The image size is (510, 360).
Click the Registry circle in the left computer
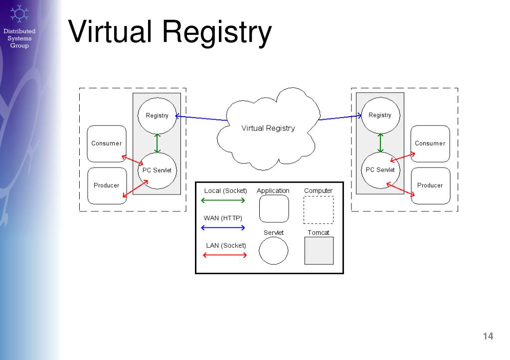coord(157,116)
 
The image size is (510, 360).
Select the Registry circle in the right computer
coord(380,115)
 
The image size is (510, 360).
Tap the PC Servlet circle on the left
coord(157,171)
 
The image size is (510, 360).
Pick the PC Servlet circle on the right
coord(380,170)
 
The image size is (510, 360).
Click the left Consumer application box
coord(106,144)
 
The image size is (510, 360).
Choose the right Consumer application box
coord(430,144)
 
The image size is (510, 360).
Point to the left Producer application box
coord(106,186)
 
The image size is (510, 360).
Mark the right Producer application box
coord(430,185)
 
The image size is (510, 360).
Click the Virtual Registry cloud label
coord(268,128)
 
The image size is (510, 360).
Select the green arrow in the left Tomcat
coord(158,143)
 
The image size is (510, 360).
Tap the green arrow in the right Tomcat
coord(380,143)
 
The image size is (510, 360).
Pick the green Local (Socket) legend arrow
coord(222,200)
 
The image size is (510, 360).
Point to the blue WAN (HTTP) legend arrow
coord(222,228)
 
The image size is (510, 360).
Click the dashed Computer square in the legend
coord(318,210)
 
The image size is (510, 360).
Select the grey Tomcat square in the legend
coord(319,250)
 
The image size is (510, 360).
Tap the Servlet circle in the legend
coord(273,250)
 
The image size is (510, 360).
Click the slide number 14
coord(488,337)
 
